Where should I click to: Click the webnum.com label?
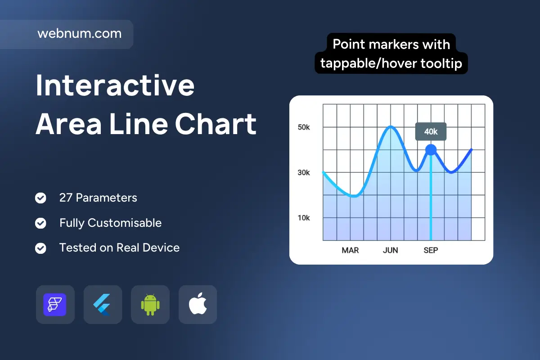click(x=80, y=33)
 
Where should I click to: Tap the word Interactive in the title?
click(x=115, y=85)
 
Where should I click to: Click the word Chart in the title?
click(x=216, y=124)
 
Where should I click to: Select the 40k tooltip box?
click(x=431, y=131)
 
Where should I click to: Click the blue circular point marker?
click(x=431, y=150)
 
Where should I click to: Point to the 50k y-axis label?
click(x=304, y=127)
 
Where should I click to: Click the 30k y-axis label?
click(x=304, y=172)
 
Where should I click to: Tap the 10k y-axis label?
click(x=304, y=218)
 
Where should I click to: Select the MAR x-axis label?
click(x=350, y=250)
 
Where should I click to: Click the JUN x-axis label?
click(x=391, y=250)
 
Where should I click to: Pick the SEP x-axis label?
click(x=431, y=250)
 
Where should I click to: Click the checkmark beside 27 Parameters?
click(x=40, y=198)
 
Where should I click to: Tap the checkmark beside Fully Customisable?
click(x=40, y=223)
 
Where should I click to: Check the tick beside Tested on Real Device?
click(x=40, y=248)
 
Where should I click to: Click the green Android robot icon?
click(x=150, y=305)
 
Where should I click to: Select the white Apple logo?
click(x=198, y=304)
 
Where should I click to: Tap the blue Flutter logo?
click(x=102, y=305)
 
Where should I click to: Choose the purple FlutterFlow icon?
click(x=55, y=305)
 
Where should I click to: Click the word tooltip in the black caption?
click(x=441, y=63)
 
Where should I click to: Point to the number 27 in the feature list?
click(x=66, y=198)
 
